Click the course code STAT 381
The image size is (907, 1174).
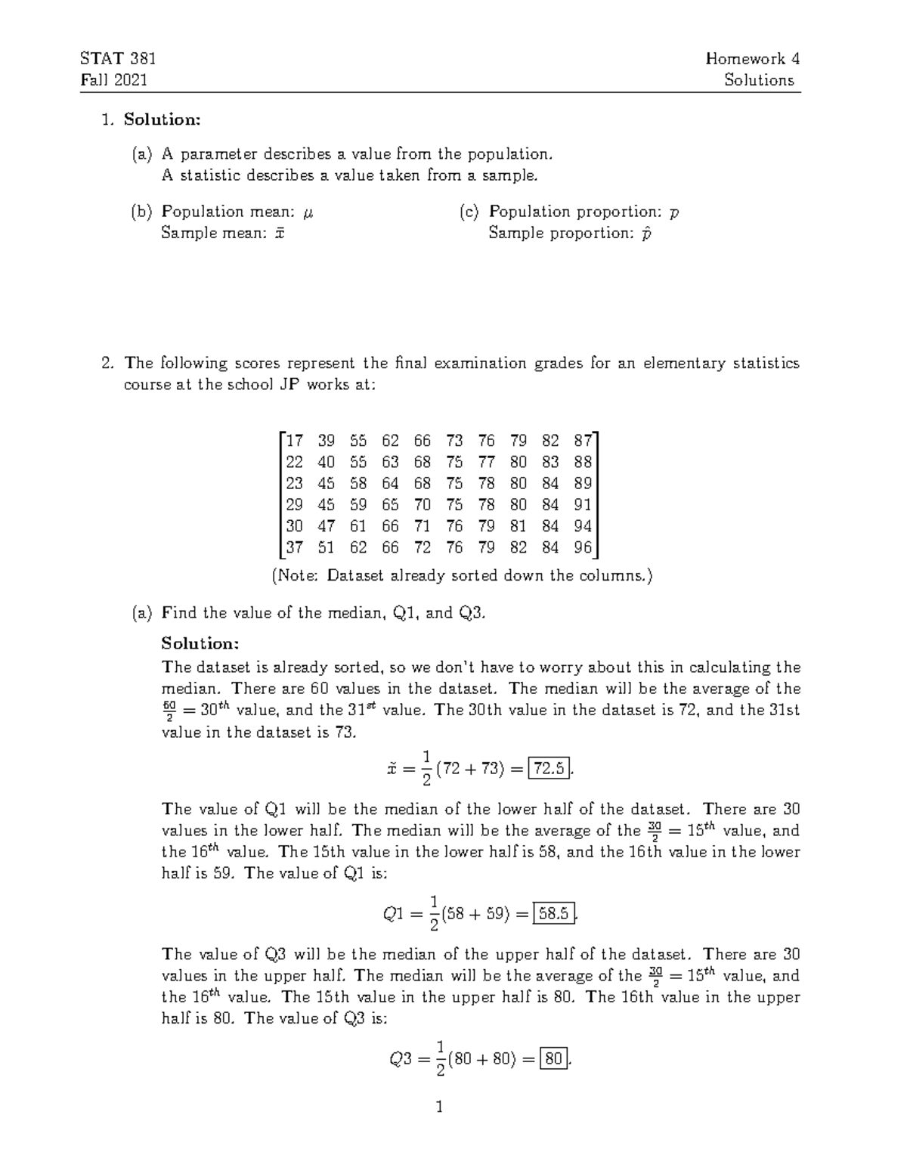tap(117, 59)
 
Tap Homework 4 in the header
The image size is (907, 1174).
tap(752, 59)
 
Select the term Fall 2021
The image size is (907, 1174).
tap(113, 80)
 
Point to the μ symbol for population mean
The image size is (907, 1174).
tap(307, 212)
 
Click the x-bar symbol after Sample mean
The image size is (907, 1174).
tap(279, 234)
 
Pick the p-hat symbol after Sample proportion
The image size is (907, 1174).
tap(645, 234)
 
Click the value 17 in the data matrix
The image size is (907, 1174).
tap(294, 441)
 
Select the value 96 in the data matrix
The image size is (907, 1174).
tap(583, 547)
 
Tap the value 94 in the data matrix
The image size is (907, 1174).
tap(583, 526)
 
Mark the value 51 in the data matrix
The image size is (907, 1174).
tap(326, 547)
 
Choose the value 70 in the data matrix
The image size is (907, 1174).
tap(422, 505)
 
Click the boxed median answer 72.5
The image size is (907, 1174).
tap(549, 769)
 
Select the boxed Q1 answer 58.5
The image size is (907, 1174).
tap(555, 914)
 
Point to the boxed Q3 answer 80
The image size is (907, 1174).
tap(554, 1059)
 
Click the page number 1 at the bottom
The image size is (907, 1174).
tap(439, 1108)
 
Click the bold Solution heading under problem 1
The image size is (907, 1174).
tap(163, 119)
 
